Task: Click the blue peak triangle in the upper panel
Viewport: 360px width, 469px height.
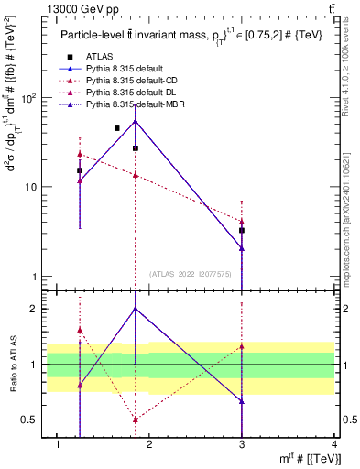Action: pos(136,120)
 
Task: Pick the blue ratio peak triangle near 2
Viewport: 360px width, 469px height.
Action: pos(136,309)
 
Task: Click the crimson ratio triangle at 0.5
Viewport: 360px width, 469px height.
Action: pos(136,420)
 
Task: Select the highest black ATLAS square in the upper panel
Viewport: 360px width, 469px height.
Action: pos(117,128)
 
